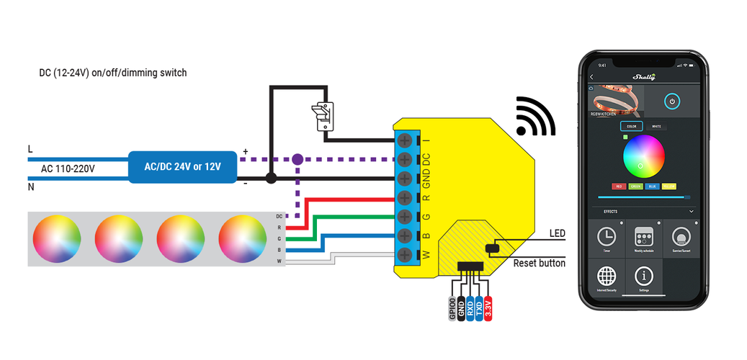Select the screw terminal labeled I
tap(405, 140)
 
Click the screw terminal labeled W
tap(405, 254)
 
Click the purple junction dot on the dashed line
tap(296, 159)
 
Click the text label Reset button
tap(539, 264)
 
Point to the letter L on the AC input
tap(30, 149)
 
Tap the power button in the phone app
tap(671, 102)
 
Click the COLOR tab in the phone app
tap(632, 127)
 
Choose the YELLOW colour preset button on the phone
tap(668, 186)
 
